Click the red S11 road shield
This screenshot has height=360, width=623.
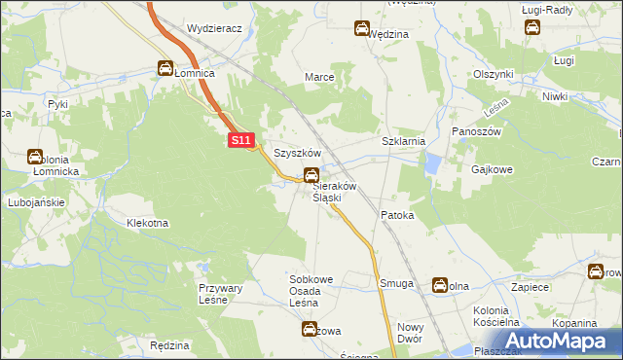(x=243, y=142)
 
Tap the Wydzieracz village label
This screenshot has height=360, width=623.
(x=214, y=29)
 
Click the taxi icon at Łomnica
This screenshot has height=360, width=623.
(x=165, y=68)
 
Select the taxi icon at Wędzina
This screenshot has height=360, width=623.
(x=362, y=29)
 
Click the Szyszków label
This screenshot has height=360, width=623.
(x=297, y=154)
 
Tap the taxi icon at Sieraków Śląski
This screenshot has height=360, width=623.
(x=311, y=175)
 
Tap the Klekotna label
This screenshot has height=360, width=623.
(x=147, y=223)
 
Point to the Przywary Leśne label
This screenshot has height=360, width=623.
(x=227, y=294)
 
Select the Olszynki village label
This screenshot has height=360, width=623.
(x=493, y=74)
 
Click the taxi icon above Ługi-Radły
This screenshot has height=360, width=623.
(x=532, y=27)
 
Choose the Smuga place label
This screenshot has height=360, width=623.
(x=396, y=284)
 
